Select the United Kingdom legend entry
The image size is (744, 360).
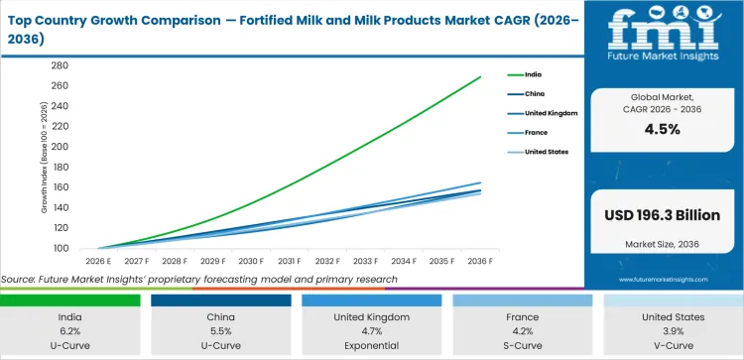[549, 113]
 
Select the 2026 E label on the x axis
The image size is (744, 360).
[98, 262]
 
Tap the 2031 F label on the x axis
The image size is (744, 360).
[290, 262]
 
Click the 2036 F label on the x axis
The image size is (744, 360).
[481, 262]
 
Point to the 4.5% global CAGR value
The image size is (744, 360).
[662, 129]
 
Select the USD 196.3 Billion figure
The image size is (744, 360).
[662, 214]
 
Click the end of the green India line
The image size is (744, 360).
[481, 76]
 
